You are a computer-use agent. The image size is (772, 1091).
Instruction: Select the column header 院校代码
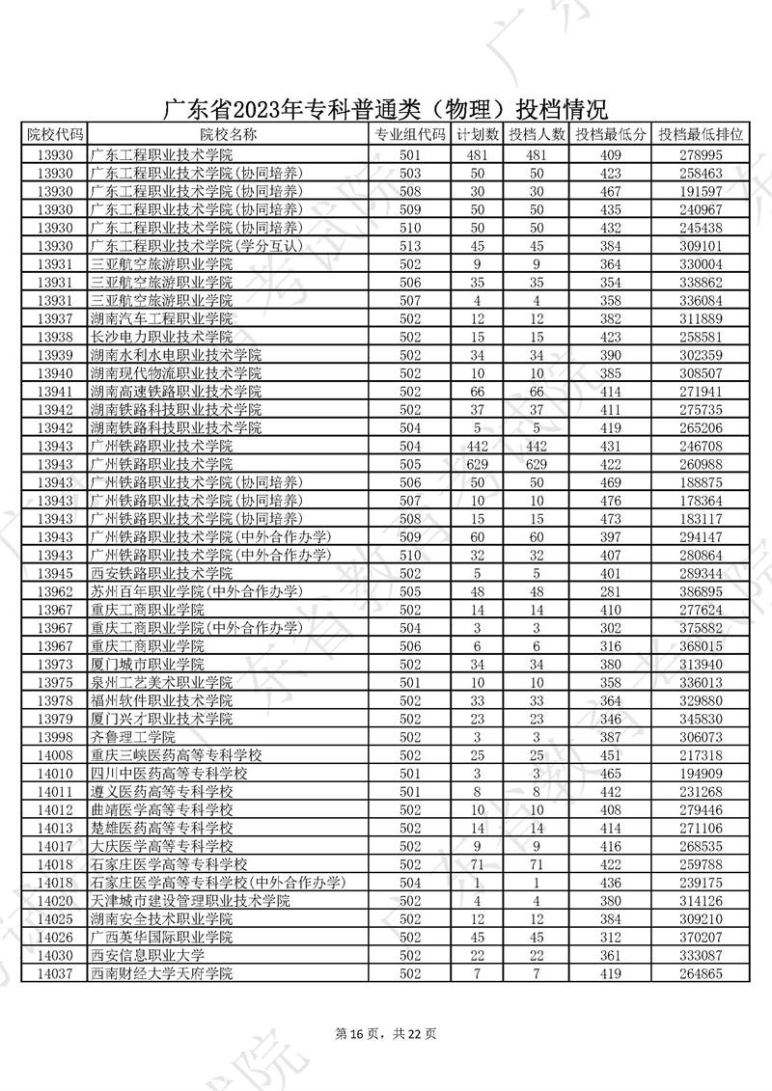click(x=55, y=135)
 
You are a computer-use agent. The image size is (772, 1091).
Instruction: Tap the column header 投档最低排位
click(x=701, y=135)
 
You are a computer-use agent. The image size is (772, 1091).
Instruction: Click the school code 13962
click(x=55, y=590)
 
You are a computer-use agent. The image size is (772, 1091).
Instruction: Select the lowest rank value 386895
click(x=701, y=590)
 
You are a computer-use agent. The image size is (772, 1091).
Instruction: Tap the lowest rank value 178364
click(x=701, y=500)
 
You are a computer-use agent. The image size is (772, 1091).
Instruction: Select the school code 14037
click(x=55, y=973)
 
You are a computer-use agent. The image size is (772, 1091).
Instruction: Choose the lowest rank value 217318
click(x=701, y=754)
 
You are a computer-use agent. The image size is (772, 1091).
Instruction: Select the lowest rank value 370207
click(x=701, y=937)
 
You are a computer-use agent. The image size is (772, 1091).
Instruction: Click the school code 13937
click(x=55, y=318)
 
